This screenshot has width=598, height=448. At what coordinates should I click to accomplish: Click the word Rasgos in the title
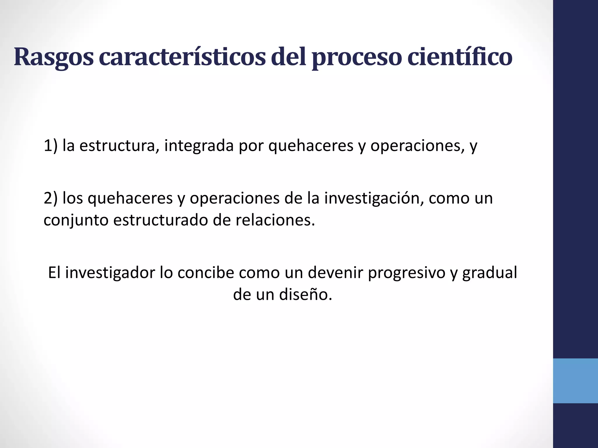54,57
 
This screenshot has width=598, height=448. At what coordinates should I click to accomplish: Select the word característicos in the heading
182,57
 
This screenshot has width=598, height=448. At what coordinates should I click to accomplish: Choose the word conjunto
76,220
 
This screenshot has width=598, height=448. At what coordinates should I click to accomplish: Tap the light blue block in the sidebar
575,381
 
